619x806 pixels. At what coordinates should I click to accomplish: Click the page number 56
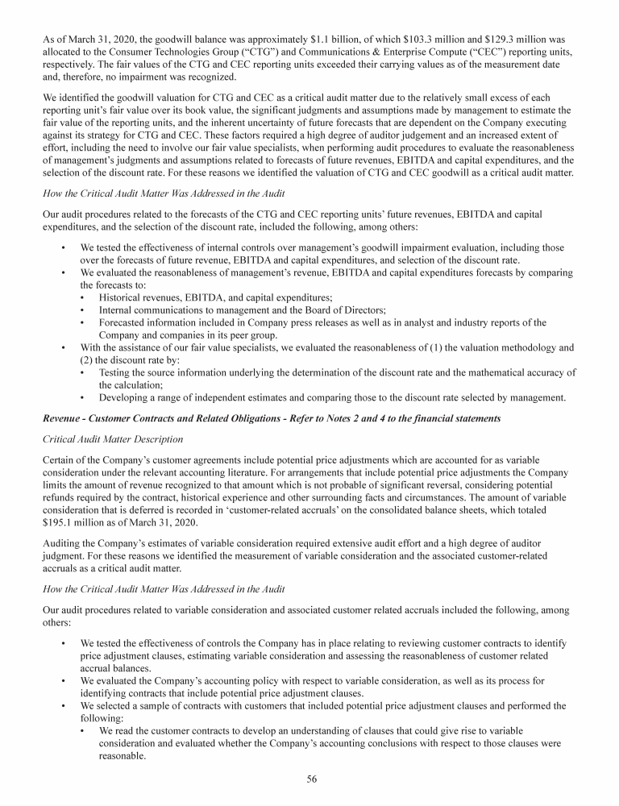309,780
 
